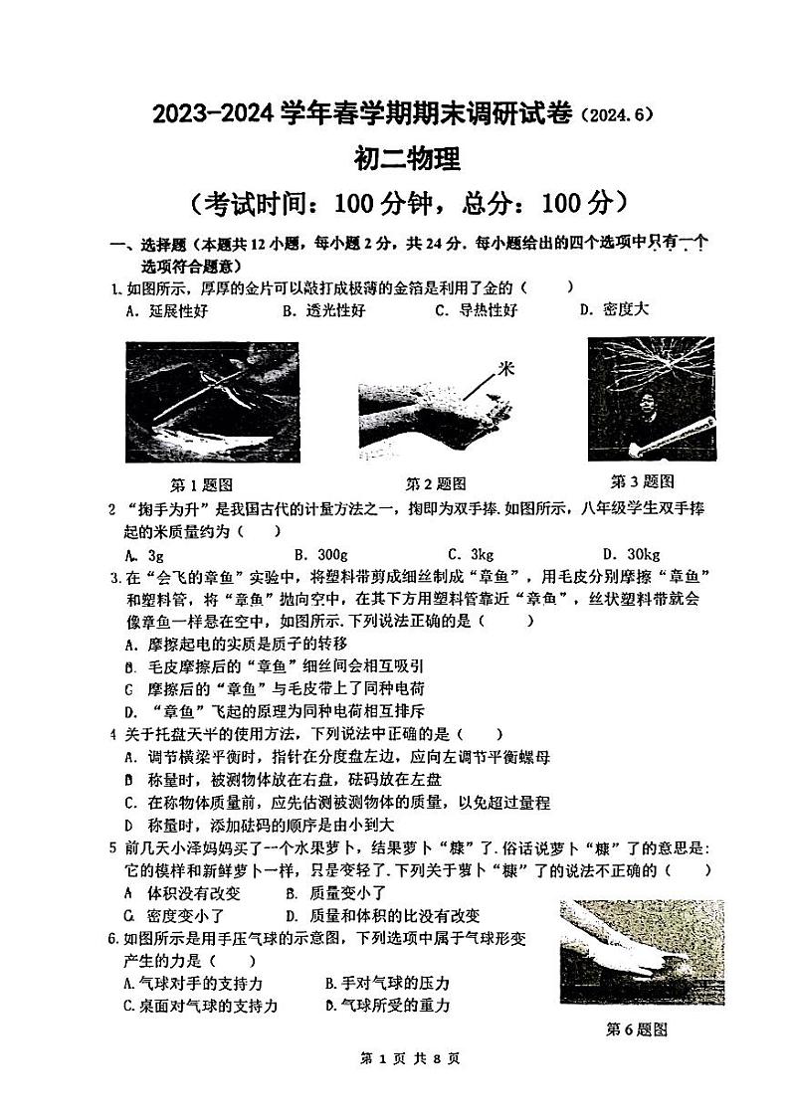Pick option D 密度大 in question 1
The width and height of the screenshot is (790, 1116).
click(614, 309)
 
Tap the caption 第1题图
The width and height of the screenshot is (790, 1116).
click(202, 485)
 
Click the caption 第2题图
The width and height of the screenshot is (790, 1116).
click(435, 484)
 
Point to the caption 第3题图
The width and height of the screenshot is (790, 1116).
click(642, 481)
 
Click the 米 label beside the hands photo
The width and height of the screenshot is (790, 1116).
click(506, 369)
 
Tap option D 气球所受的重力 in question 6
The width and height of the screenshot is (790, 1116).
click(388, 1006)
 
